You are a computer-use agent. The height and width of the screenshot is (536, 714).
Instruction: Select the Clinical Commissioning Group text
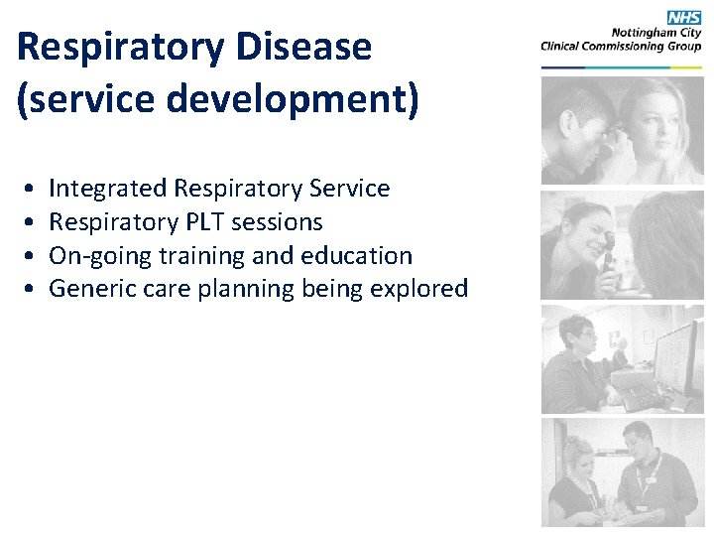point(621,46)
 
